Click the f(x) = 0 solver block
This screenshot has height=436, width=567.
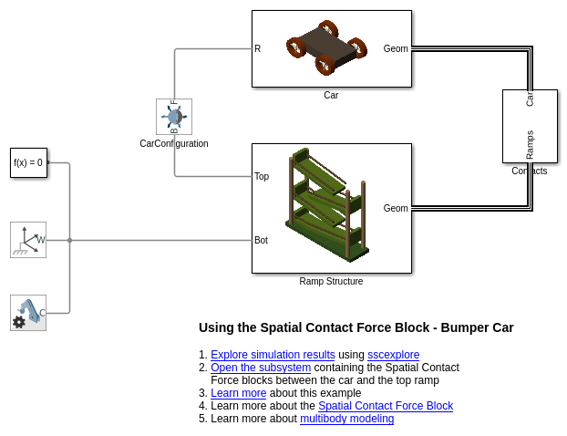tap(28, 163)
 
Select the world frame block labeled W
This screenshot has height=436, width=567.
tap(28, 240)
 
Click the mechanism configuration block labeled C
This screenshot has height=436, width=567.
tap(28, 313)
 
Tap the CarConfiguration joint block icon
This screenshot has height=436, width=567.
tap(173, 117)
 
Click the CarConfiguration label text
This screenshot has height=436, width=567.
tap(173, 143)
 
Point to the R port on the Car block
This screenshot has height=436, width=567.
tap(258, 49)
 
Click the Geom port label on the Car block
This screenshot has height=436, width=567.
tap(396, 49)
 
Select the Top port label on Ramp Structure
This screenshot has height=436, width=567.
tap(262, 177)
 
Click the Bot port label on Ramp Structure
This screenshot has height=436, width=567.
tap(262, 241)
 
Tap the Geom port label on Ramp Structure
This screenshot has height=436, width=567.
tap(396, 209)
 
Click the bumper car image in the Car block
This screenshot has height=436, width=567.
tap(327, 48)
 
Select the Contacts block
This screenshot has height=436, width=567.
tap(530, 126)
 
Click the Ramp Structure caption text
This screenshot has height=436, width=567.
tap(331, 282)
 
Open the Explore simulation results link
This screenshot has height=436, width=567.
tap(273, 355)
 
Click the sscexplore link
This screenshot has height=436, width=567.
tap(393, 355)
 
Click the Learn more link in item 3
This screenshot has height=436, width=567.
tap(238, 393)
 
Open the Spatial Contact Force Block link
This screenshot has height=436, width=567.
tap(385, 406)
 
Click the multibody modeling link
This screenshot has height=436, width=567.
tap(346, 419)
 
